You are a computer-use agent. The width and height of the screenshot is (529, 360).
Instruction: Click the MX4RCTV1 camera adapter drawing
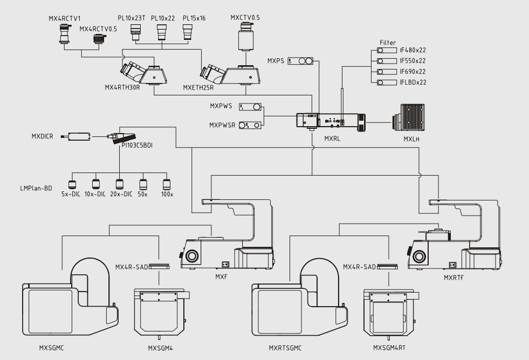(65, 34)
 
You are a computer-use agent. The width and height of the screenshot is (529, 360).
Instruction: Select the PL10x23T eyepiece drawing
(135, 32)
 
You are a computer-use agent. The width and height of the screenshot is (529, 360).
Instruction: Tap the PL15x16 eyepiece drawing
(188, 32)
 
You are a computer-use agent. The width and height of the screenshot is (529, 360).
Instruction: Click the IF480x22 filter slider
(387, 50)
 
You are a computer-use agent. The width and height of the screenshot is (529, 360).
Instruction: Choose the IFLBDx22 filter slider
(387, 82)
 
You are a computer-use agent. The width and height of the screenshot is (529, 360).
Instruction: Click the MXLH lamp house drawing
(409, 118)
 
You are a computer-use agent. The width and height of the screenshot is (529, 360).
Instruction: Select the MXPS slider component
(300, 61)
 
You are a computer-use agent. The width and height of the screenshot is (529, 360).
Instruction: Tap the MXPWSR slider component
(250, 126)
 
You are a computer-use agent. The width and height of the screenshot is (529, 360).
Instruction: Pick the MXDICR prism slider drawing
(75, 136)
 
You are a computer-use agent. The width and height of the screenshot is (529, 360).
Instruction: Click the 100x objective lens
(166, 184)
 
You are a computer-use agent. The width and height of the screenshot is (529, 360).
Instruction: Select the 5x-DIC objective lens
(72, 184)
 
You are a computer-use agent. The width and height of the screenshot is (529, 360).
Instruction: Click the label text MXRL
(332, 139)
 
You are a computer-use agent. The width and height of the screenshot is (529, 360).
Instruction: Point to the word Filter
(388, 43)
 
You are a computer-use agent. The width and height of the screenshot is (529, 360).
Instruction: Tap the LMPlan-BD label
(36, 188)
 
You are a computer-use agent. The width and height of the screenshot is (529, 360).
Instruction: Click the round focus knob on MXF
(192, 256)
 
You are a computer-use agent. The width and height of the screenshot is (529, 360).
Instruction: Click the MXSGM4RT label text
(389, 348)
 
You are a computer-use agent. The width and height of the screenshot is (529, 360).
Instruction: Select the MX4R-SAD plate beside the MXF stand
(159, 267)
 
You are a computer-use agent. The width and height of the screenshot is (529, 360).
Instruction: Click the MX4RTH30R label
(122, 88)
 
